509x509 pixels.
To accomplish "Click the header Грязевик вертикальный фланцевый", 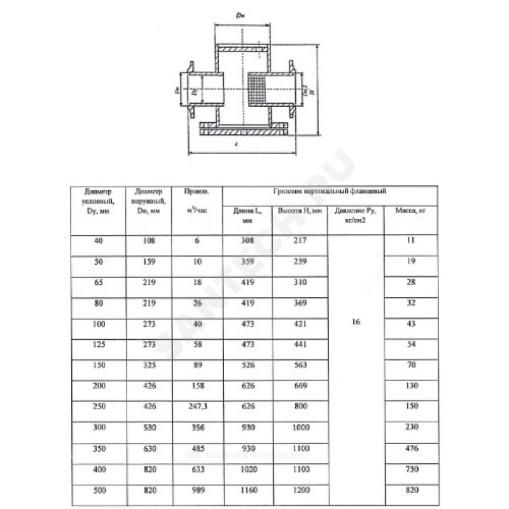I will click(x=329, y=190).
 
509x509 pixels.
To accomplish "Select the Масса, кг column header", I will click(x=410, y=211).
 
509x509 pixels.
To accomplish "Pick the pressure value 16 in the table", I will click(x=356, y=323).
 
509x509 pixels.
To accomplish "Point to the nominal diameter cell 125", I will click(x=97, y=344).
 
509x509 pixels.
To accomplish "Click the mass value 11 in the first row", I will click(x=410, y=240).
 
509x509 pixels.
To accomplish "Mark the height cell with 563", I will click(x=300, y=365).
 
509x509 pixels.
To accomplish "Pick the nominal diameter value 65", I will click(x=97, y=281).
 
